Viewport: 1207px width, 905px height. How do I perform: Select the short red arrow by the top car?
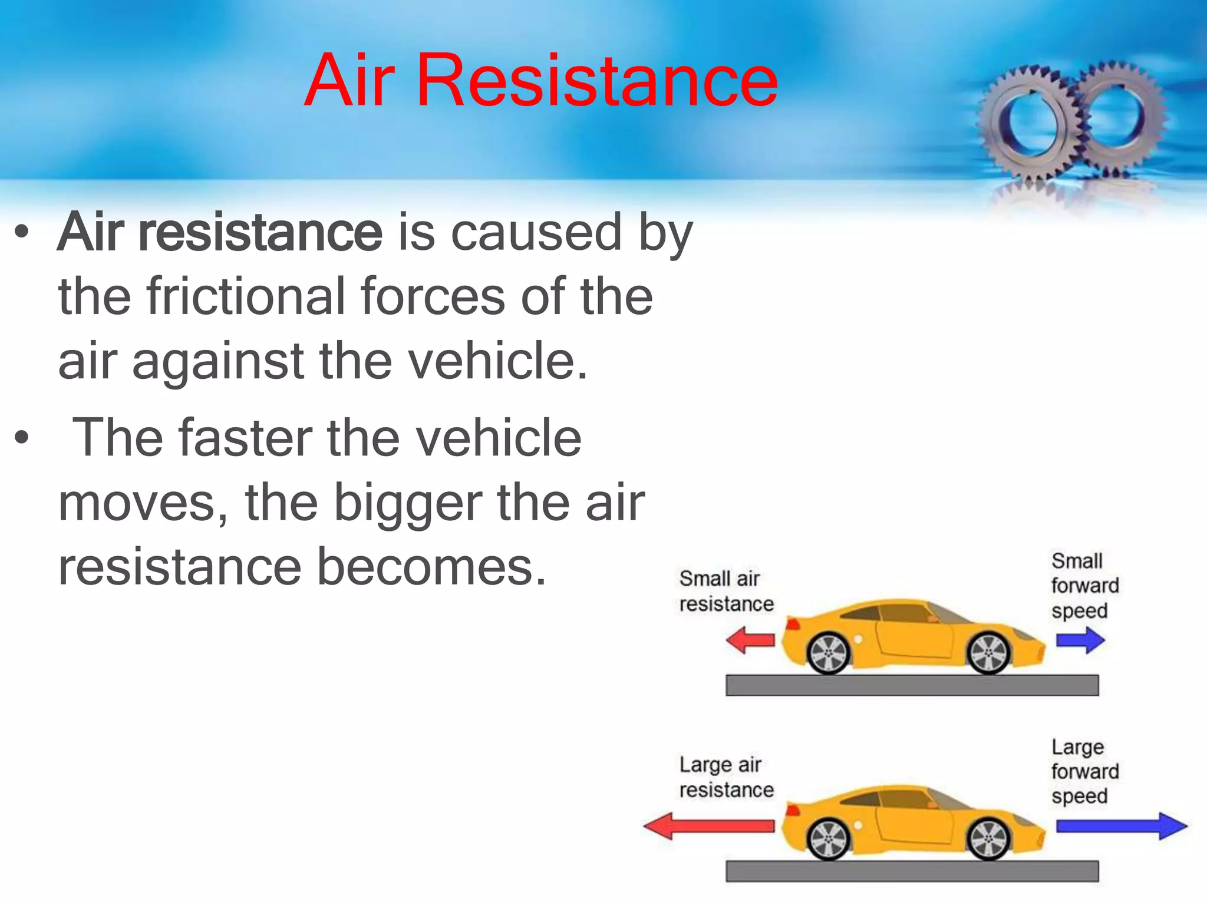coord(750,640)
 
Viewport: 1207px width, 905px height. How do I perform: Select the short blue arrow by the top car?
coord(1080,640)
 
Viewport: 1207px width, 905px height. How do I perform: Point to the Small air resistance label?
coord(725,591)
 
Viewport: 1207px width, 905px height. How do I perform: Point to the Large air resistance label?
coord(725,777)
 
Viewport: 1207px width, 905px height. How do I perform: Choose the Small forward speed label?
coord(1084,585)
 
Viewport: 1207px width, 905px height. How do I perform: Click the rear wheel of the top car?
coord(829,653)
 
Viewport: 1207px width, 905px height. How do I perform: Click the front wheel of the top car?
coord(989,653)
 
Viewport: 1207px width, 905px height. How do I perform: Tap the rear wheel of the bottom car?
coord(829,839)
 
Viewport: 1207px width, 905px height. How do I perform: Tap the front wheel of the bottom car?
coord(989,839)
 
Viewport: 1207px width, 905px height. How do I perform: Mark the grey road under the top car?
coord(912,685)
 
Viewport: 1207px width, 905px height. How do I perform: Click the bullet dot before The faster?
coord(22,438)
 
